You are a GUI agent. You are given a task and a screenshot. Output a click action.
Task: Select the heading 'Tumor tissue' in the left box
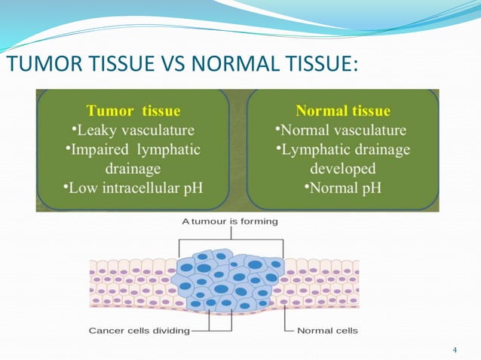[133, 111]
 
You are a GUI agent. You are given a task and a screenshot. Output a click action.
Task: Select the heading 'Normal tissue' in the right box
[343, 111]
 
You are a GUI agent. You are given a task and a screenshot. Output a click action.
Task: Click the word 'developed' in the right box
[343, 168]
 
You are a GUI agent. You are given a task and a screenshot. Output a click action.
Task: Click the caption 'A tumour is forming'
[230, 221]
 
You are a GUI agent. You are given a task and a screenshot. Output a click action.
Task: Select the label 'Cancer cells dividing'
[139, 330]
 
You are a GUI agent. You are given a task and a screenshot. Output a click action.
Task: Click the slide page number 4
[455, 350]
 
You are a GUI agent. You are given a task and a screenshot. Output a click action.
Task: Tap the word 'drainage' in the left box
[133, 168]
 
